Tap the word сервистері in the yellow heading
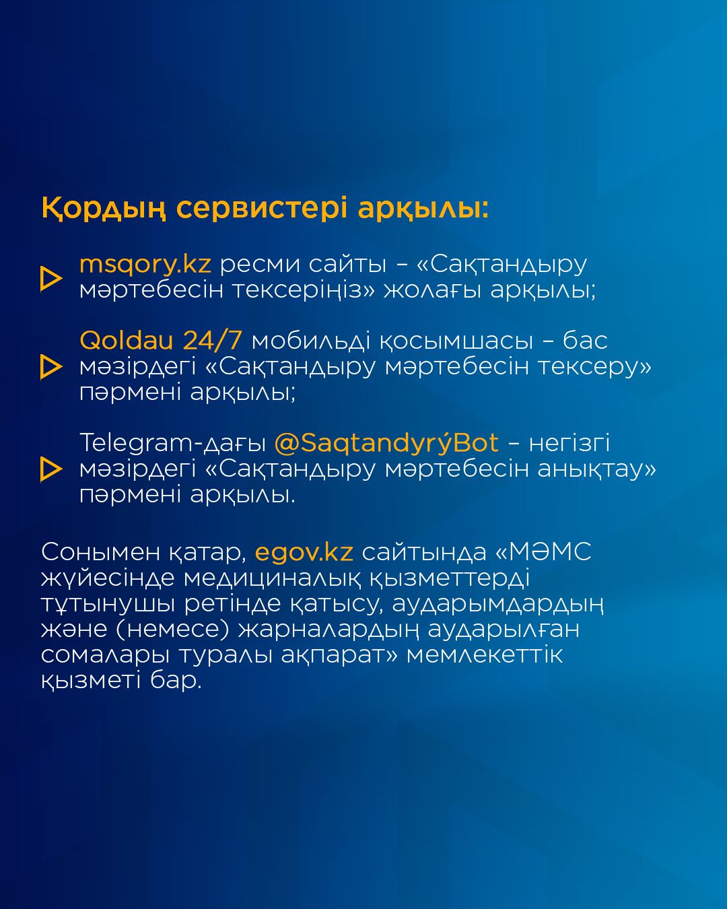[262, 208]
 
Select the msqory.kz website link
[145, 265]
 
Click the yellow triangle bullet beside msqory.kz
[51, 278]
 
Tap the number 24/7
[213, 340]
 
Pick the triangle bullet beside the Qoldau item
[51, 366]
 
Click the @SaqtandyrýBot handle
[386, 443]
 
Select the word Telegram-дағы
[172, 444]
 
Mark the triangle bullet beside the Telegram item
[51, 469]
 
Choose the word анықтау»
[596, 469]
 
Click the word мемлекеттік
[484, 654]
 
